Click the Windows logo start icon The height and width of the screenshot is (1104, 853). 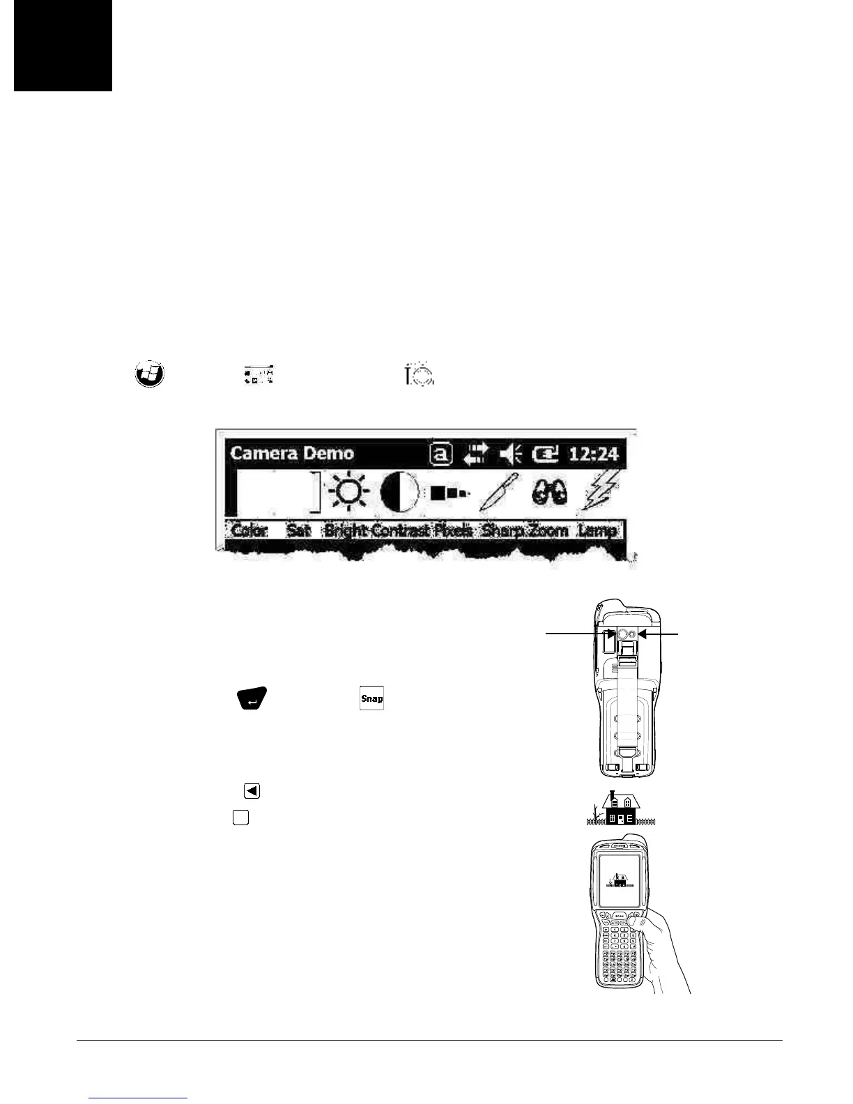coord(148,374)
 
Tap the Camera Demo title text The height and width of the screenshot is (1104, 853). coord(292,453)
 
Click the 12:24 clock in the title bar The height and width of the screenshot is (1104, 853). coord(593,454)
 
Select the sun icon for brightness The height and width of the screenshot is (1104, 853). coord(350,492)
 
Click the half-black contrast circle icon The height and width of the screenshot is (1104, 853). coord(399,492)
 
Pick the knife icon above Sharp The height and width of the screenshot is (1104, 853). coord(500,492)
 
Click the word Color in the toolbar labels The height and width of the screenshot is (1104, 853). coord(249,530)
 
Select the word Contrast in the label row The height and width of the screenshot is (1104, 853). coord(400,530)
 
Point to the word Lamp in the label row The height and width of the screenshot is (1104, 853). coord(597,530)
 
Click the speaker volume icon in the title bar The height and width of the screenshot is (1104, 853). coord(510,454)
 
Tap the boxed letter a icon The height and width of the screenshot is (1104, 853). coord(440,454)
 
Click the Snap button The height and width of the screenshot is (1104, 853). coord(371,698)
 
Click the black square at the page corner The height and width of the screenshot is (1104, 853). coord(63,45)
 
